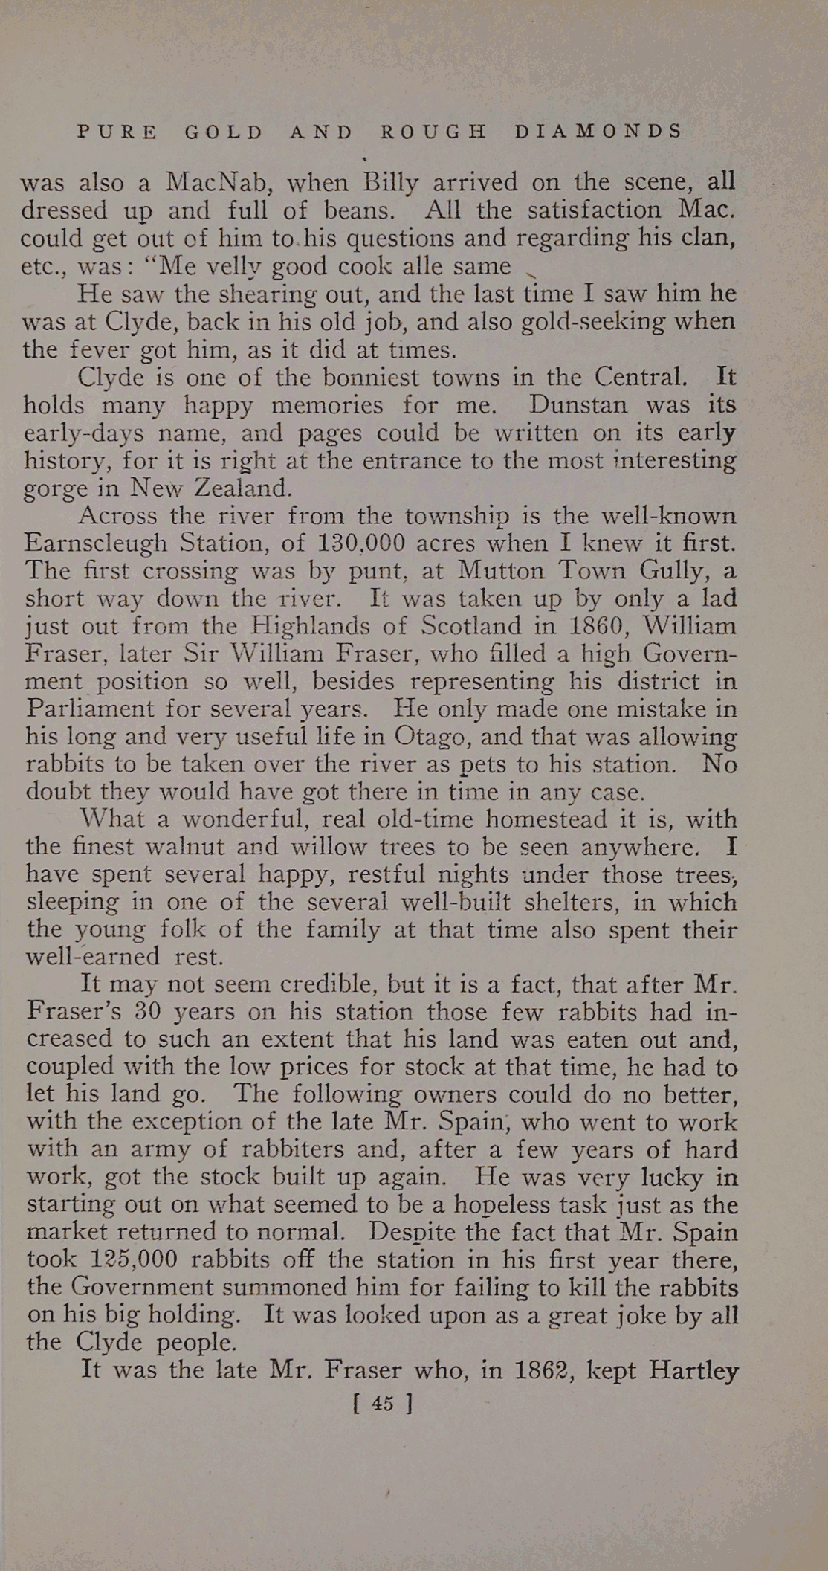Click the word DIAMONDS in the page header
coord(598,132)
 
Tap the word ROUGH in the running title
coord(433,132)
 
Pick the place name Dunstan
coord(580,405)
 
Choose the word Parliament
coord(91,709)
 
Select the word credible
coord(328,984)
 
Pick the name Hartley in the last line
coord(693,1370)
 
